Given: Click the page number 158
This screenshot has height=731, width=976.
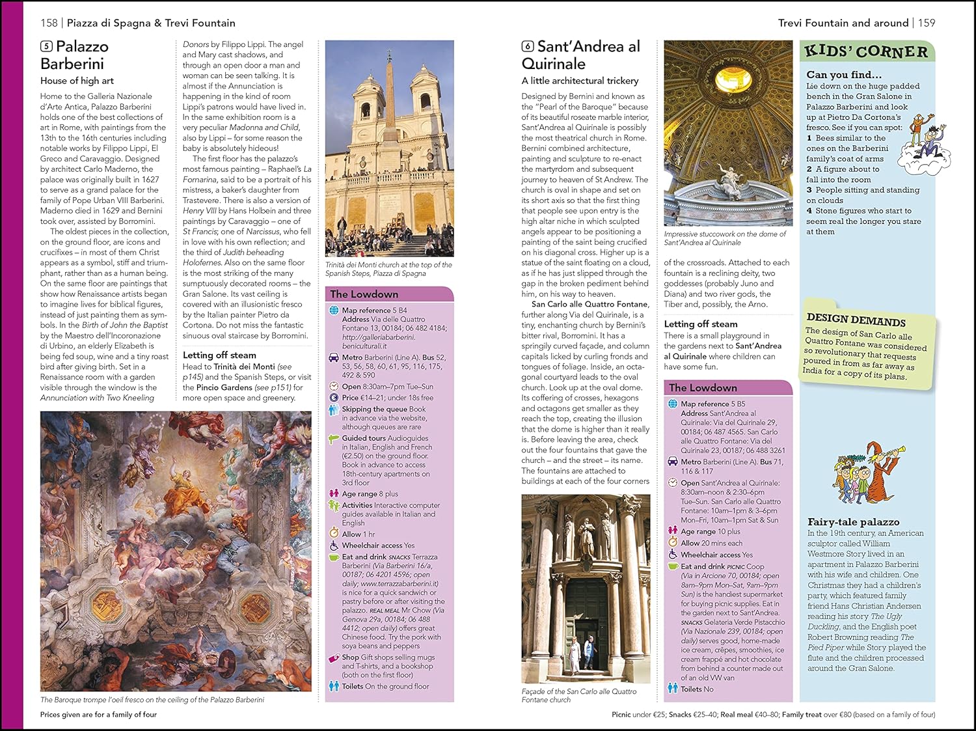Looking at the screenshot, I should click(49, 23).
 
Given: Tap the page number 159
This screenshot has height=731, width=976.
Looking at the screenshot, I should click(927, 23).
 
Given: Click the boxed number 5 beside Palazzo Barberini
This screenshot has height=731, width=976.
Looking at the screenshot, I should click(46, 46).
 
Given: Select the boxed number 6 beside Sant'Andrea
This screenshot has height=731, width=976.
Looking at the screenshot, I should click(528, 46).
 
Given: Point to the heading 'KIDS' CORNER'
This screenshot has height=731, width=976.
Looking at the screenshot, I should click(865, 51).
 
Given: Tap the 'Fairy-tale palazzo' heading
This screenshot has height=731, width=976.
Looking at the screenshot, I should click(853, 522).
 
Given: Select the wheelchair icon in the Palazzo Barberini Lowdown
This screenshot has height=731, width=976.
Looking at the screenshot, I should click(334, 545).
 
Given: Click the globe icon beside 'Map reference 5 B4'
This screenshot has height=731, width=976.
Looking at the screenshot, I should click(334, 310).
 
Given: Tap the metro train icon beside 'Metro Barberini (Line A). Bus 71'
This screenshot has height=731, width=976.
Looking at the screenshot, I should click(673, 462).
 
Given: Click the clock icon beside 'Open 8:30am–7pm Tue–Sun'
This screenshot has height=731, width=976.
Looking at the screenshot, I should click(334, 386).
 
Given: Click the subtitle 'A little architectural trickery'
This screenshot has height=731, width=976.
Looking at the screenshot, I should click(580, 81).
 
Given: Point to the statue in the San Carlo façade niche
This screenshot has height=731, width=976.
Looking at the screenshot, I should click(586, 534).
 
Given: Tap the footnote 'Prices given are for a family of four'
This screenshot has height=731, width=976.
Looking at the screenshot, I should click(98, 715).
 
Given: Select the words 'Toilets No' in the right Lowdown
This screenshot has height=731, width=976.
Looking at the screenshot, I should click(697, 689).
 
